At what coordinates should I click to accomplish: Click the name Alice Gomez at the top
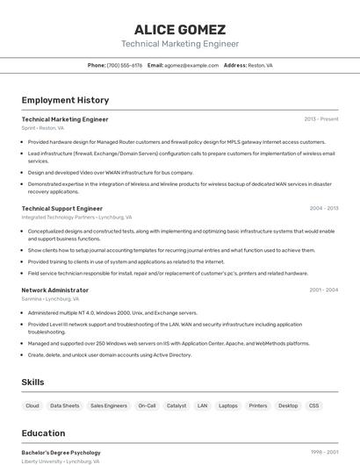(179, 29)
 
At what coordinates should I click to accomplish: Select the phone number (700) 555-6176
(124, 65)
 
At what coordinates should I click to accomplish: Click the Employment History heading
(65, 100)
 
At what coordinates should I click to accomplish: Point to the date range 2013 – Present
(320, 118)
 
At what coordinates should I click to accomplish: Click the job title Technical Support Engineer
(61, 208)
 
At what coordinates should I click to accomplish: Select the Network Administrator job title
(55, 290)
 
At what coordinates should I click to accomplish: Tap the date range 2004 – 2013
(322, 208)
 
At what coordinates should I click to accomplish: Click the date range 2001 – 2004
(322, 290)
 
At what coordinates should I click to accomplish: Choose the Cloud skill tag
(32, 405)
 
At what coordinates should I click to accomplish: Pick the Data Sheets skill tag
(64, 405)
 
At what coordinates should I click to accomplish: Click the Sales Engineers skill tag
(109, 405)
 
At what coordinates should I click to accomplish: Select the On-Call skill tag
(147, 405)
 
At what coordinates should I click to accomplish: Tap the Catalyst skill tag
(176, 405)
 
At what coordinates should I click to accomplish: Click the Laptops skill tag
(228, 405)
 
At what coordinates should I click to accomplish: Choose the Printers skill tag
(258, 405)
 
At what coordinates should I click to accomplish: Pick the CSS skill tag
(314, 405)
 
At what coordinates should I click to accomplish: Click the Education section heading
(44, 433)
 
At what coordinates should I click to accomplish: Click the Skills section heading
(32, 383)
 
